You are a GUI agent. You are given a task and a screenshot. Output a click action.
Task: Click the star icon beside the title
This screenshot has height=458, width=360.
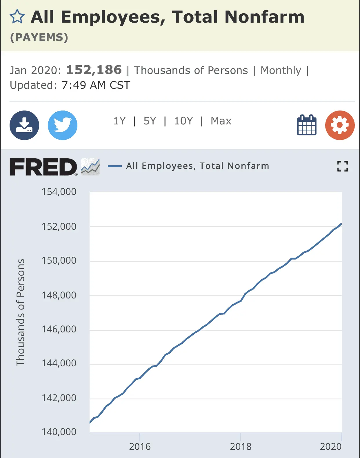[17, 17]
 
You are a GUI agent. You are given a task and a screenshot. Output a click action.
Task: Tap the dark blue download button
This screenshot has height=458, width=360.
[24, 125]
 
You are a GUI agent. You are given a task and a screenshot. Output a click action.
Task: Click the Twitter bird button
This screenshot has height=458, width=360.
[63, 125]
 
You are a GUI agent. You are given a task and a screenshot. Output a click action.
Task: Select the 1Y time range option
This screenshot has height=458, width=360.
[119, 121]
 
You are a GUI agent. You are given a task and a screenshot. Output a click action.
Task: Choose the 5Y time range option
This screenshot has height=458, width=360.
[150, 121]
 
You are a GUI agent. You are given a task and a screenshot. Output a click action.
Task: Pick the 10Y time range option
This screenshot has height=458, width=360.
[183, 121]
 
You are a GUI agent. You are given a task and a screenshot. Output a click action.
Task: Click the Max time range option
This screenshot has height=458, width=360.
[221, 121]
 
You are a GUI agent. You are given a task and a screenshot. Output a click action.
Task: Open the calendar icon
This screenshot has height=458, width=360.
[307, 125]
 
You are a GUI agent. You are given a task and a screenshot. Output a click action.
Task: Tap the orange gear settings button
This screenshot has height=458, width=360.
[340, 125]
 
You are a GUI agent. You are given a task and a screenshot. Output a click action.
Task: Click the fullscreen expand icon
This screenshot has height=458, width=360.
[342, 166]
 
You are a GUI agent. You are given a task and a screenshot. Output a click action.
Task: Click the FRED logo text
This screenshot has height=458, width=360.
[43, 167]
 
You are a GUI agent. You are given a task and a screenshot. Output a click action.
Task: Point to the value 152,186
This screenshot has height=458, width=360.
[94, 70]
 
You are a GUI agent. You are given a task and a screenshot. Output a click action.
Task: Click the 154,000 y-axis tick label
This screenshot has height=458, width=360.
[59, 192]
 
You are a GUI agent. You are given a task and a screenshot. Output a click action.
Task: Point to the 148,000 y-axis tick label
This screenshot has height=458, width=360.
[59, 295]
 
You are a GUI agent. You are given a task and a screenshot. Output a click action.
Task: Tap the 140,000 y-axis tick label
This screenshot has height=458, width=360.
[59, 432]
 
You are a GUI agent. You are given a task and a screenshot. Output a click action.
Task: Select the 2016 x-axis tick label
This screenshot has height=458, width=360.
[140, 447]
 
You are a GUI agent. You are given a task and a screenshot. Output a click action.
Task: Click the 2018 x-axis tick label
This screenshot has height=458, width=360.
[241, 447]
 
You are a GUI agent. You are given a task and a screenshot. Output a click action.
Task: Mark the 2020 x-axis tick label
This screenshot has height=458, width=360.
[330, 447]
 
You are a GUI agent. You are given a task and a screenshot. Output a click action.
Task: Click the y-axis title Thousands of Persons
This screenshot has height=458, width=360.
[21, 312]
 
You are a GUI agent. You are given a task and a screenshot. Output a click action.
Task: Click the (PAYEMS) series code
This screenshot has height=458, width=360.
[39, 37]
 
